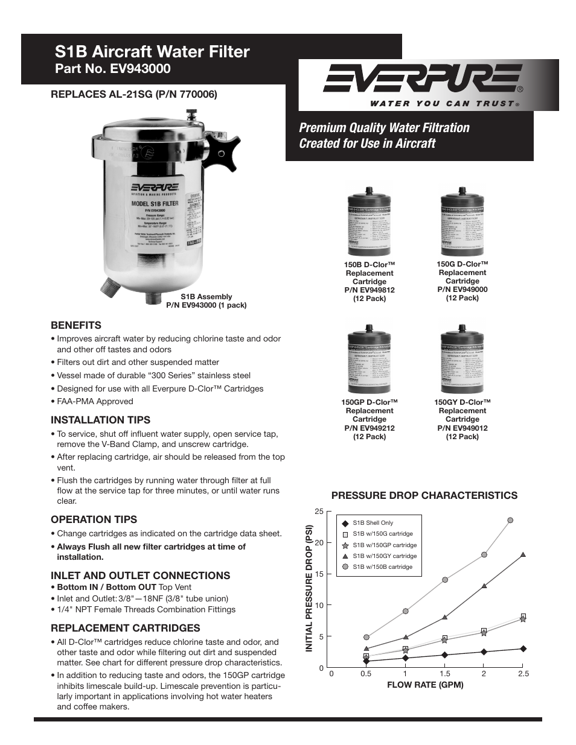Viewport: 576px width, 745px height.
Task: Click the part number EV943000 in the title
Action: pos(140,69)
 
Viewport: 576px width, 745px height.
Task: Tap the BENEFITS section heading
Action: pos(76,325)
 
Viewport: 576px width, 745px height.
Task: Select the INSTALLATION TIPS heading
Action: pos(100,420)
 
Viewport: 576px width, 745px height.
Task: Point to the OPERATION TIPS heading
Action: pos(94,519)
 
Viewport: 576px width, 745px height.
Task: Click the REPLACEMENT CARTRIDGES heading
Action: pos(125,627)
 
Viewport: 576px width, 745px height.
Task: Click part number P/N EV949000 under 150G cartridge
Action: pos(462,290)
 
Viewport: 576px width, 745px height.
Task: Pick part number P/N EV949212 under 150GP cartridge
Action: pos(370,428)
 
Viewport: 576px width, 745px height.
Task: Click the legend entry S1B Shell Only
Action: pos(373,523)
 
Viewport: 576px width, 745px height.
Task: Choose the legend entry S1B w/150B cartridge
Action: pos(382,567)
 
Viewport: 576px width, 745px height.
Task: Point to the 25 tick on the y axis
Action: pos(319,512)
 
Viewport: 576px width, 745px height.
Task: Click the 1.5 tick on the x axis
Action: pos(445,674)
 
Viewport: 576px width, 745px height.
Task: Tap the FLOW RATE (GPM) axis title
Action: pos(425,685)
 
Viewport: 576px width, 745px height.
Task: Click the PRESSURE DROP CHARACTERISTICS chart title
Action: pos(424,495)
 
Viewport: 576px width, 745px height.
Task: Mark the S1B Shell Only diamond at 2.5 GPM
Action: pos(523,648)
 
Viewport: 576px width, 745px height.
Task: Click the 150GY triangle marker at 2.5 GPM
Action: pos(523,554)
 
